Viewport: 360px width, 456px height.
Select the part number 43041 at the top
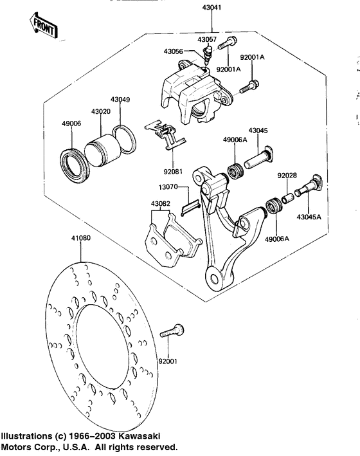click(x=212, y=9)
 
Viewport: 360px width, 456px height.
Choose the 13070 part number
click(x=168, y=187)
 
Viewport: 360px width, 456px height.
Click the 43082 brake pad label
click(x=160, y=204)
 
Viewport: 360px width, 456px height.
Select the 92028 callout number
click(x=287, y=175)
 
